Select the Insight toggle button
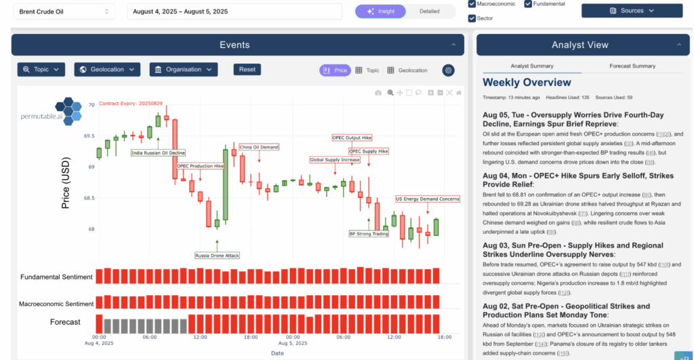click(x=380, y=12)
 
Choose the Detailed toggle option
click(x=429, y=12)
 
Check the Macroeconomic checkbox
click(x=472, y=4)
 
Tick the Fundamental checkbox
click(x=528, y=4)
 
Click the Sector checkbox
click(x=472, y=18)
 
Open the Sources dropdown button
click(x=632, y=11)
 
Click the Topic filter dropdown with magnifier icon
click(x=41, y=69)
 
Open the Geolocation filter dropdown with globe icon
click(x=107, y=69)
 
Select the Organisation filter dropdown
click(x=183, y=69)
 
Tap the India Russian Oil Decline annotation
click(x=158, y=153)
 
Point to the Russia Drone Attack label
click(x=217, y=256)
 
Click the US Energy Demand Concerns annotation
click(x=428, y=199)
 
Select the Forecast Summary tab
click(x=632, y=66)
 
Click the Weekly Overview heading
click(x=527, y=83)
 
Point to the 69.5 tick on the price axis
click(x=89, y=136)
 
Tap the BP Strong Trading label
click(x=369, y=234)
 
